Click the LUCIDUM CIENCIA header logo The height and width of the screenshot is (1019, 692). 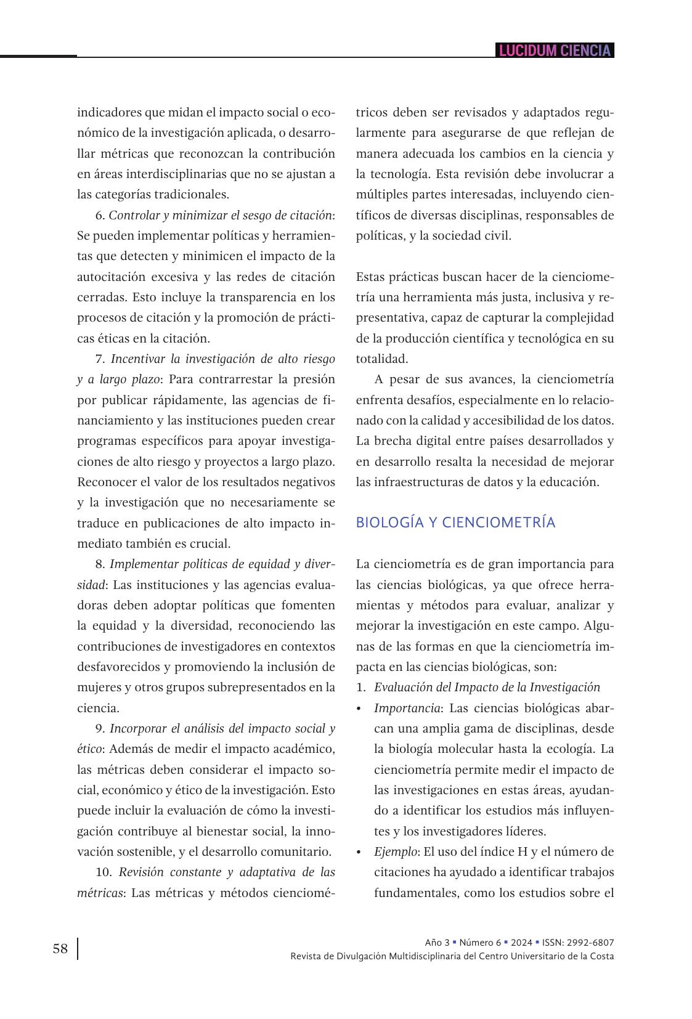555,51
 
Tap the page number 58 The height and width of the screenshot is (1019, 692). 60,949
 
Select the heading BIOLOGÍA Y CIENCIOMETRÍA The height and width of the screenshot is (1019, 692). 455,522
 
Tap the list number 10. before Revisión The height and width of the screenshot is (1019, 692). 104,872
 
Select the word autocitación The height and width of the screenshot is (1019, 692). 112,277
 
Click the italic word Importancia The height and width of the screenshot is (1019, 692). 407,708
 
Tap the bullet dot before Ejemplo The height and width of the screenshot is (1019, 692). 359,852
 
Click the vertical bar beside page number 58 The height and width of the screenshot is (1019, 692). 78,949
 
